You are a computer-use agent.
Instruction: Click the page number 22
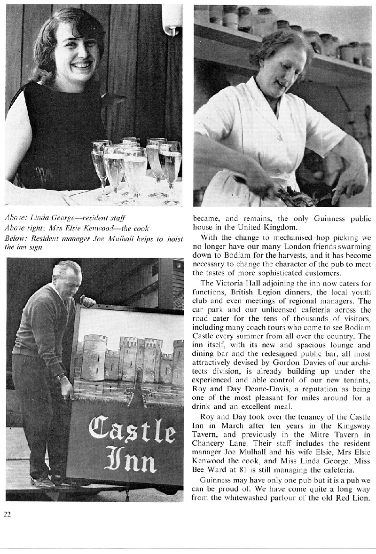tap(7, 514)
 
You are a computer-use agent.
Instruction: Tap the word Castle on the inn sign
tap(132, 428)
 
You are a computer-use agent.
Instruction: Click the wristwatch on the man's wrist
tap(61, 376)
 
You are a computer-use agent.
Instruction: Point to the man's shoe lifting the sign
tap(42, 482)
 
